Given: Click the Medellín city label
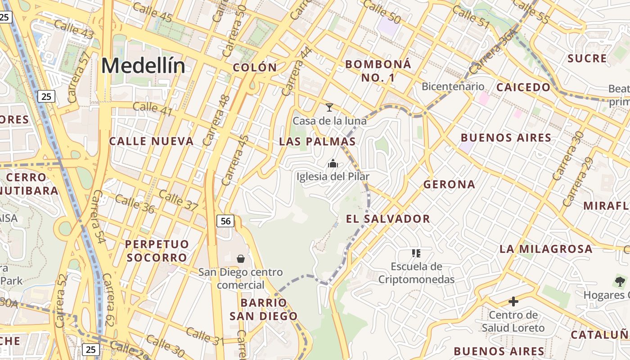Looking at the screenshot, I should click(x=143, y=66).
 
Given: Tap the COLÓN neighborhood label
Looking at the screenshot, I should click(x=255, y=67).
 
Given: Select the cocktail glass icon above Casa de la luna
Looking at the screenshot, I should click(x=329, y=108).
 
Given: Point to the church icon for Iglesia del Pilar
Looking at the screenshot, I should click(x=333, y=163).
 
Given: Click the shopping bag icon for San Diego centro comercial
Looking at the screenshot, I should click(x=241, y=259).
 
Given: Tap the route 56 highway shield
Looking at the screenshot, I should click(x=225, y=221).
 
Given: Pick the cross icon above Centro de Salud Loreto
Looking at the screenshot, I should click(x=513, y=301).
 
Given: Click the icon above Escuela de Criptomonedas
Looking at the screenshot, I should click(x=416, y=253).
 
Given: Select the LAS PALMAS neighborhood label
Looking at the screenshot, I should click(x=317, y=141).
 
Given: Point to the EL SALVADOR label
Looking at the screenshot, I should click(x=388, y=219).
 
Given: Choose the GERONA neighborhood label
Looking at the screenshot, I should click(x=449, y=184).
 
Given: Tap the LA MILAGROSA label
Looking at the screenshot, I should click(x=546, y=249).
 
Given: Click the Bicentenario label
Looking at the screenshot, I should click(x=453, y=86).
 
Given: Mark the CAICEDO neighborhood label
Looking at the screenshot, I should click(x=523, y=87).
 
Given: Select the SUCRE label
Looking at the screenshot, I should click(x=587, y=58).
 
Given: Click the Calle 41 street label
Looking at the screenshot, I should click(x=152, y=108).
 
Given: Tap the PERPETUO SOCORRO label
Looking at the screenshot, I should click(x=157, y=251).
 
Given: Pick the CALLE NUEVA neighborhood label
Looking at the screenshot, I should click(x=151, y=141).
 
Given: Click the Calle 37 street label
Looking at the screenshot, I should click(x=178, y=200).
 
